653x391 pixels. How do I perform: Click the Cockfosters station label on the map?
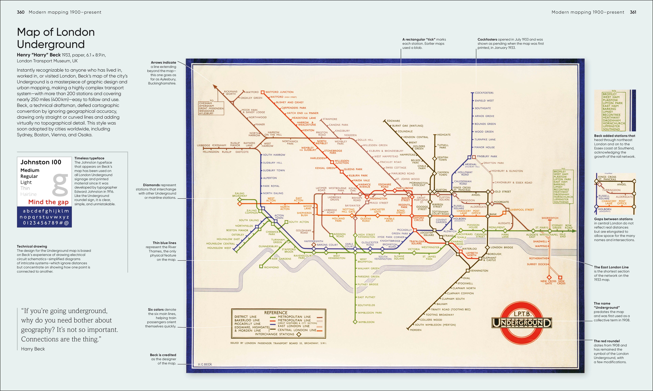484,93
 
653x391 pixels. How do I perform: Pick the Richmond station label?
271,267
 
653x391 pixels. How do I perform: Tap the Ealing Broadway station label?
240,194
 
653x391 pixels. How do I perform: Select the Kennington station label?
479,271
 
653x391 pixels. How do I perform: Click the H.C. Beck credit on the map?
205,364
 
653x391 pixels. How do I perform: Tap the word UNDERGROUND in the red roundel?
521,323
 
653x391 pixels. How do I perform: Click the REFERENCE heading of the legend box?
276,313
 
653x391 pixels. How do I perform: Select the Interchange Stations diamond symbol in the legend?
299,334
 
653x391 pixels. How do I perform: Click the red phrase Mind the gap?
48,202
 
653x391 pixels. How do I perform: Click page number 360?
21,12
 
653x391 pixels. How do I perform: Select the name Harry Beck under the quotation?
33,349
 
